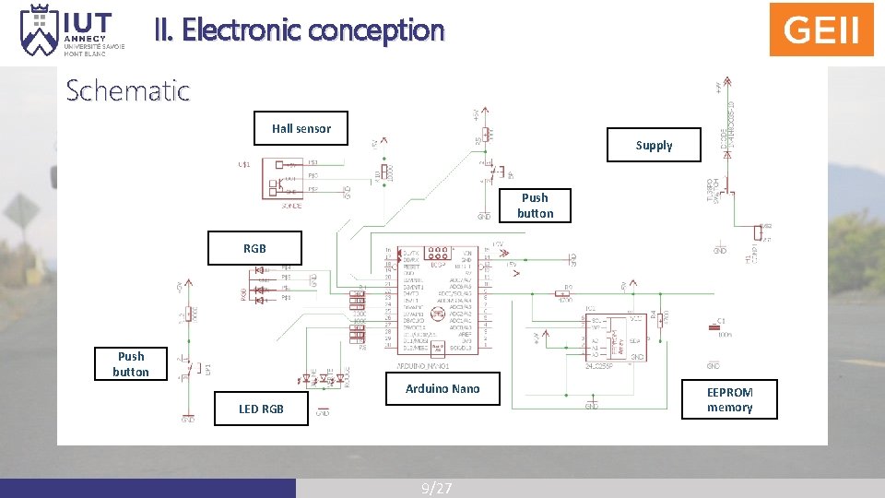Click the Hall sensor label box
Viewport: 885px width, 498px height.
[301, 128]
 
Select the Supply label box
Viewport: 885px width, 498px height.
[654, 145]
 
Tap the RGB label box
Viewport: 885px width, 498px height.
[254, 247]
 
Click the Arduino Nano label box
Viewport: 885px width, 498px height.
[442, 388]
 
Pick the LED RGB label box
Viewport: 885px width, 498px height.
[262, 409]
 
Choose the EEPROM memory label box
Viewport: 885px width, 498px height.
[729, 399]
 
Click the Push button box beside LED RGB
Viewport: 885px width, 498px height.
[131, 363]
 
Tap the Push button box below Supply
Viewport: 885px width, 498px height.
[535, 205]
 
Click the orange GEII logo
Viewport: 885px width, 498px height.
[821, 30]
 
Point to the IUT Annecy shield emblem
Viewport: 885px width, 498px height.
[40, 30]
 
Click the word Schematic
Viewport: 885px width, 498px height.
[127, 90]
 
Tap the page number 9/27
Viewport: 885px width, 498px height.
[436, 488]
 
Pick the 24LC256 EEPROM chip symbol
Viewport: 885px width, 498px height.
[614, 336]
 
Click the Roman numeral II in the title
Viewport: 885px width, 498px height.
[163, 30]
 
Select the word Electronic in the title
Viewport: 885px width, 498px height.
[242, 30]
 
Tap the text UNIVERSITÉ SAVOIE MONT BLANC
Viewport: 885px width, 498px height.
[94, 49]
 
